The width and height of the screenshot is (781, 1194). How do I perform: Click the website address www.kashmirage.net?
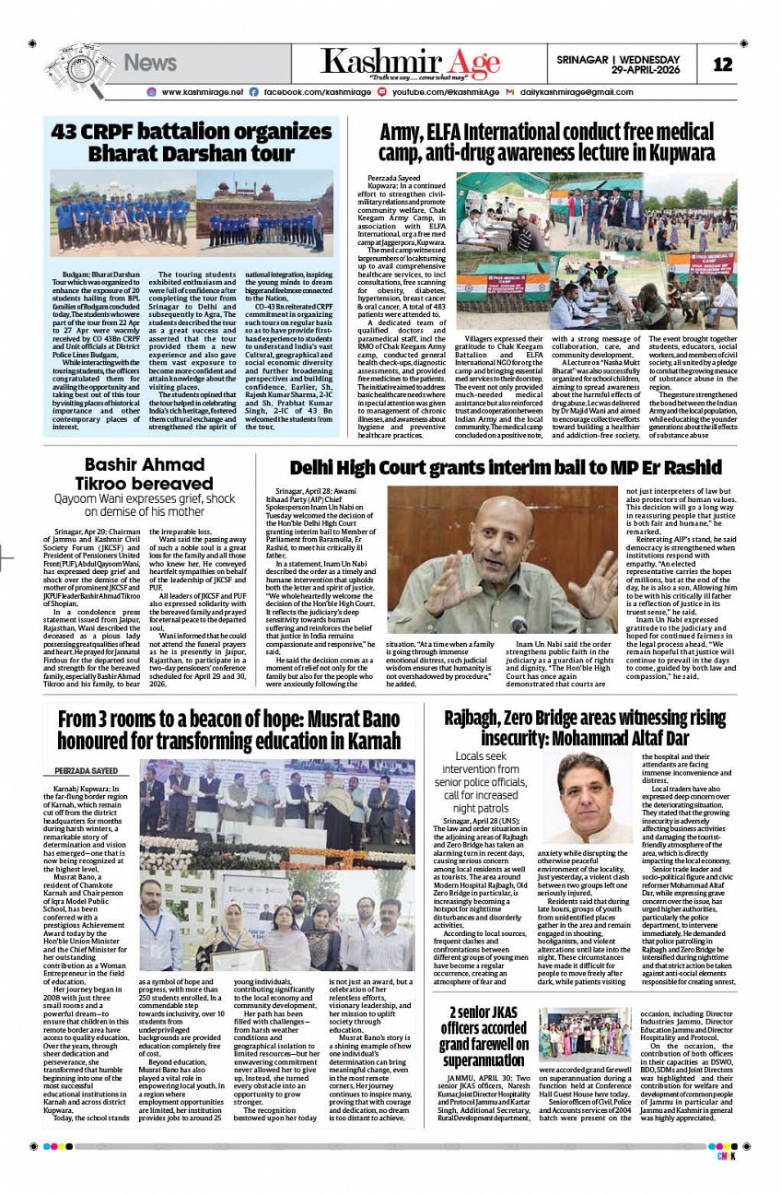(x=202, y=92)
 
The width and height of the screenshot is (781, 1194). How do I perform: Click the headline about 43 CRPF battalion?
(x=191, y=142)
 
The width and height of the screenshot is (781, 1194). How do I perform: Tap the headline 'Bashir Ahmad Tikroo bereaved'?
(x=146, y=474)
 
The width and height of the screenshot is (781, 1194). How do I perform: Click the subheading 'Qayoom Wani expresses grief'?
(x=146, y=505)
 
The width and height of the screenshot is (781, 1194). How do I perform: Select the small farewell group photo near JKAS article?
(x=584, y=1031)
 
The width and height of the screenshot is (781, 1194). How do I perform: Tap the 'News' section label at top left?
(x=149, y=63)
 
